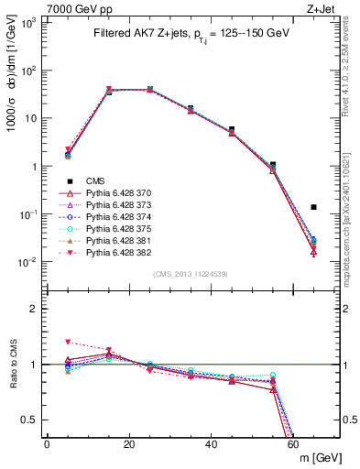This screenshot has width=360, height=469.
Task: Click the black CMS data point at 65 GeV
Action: (313, 207)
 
